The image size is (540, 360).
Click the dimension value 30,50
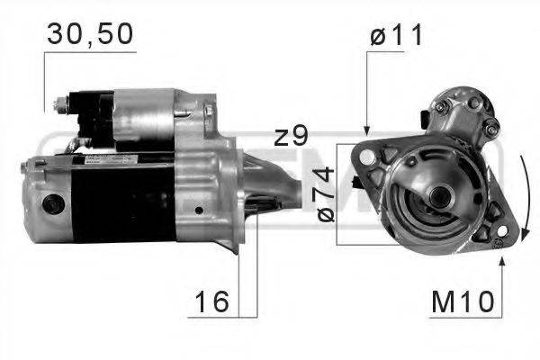(x=89, y=34)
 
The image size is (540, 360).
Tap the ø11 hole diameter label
(x=397, y=36)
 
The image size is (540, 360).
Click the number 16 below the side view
(x=211, y=302)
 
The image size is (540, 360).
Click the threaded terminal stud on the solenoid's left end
(x=60, y=104)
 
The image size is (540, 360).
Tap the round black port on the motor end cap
(x=52, y=205)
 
